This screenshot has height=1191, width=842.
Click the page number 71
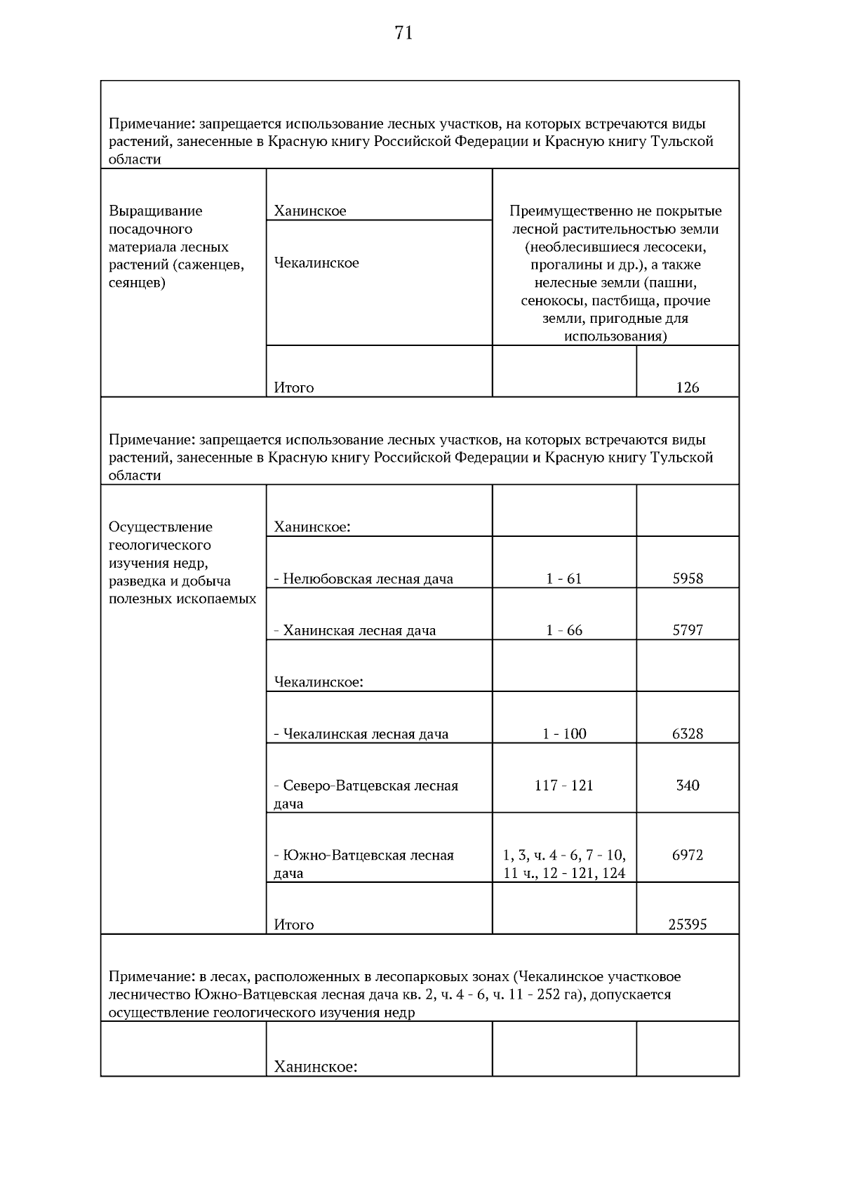click(x=403, y=33)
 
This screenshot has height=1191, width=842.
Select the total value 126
click(x=687, y=387)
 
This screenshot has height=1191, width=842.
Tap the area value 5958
click(x=687, y=579)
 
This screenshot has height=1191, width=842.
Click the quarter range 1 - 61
click(x=563, y=579)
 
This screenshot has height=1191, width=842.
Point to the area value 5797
click(x=687, y=630)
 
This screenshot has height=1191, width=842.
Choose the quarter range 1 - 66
click(x=563, y=630)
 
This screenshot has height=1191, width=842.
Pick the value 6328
click(x=687, y=734)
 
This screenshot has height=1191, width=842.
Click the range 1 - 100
click(x=563, y=734)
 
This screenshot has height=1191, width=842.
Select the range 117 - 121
click(x=563, y=785)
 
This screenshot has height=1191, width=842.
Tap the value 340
click(x=687, y=785)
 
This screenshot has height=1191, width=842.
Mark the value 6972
click(x=687, y=855)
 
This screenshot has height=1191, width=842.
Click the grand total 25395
click(x=687, y=925)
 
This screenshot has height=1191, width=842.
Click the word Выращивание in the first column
click(x=155, y=211)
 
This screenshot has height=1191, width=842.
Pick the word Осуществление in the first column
click(x=160, y=527)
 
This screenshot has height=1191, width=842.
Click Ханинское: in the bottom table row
click(x=315, y=1067)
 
